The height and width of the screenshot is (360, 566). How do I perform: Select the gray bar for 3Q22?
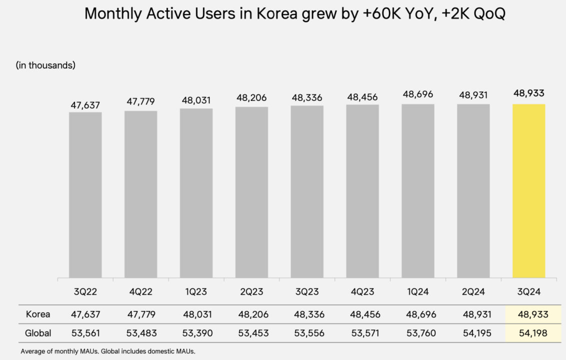(x=85, y=195)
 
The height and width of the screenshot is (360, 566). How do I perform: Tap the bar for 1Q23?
(x=196, y=193)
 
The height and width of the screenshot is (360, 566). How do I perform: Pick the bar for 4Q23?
(x=362, y=191)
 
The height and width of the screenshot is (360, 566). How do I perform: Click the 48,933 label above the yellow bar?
(x=528, y=93)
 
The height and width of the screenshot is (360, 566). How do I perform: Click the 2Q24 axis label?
(x=473, y=291)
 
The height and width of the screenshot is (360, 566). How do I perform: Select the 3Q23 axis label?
(x=306, y=291)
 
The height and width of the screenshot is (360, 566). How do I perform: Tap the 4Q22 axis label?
(x=140, y=291)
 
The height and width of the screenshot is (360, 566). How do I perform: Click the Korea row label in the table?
(x=38, y=314)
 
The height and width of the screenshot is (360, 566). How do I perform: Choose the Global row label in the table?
(x=38, y=333)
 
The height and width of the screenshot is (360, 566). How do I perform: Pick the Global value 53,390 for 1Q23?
(x=196, y=333)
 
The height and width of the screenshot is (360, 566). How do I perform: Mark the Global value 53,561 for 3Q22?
(x=85, y=333)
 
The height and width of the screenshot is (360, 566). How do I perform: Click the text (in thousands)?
(x=45, y=65)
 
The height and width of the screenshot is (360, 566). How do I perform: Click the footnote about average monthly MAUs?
(x=107, y=351)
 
